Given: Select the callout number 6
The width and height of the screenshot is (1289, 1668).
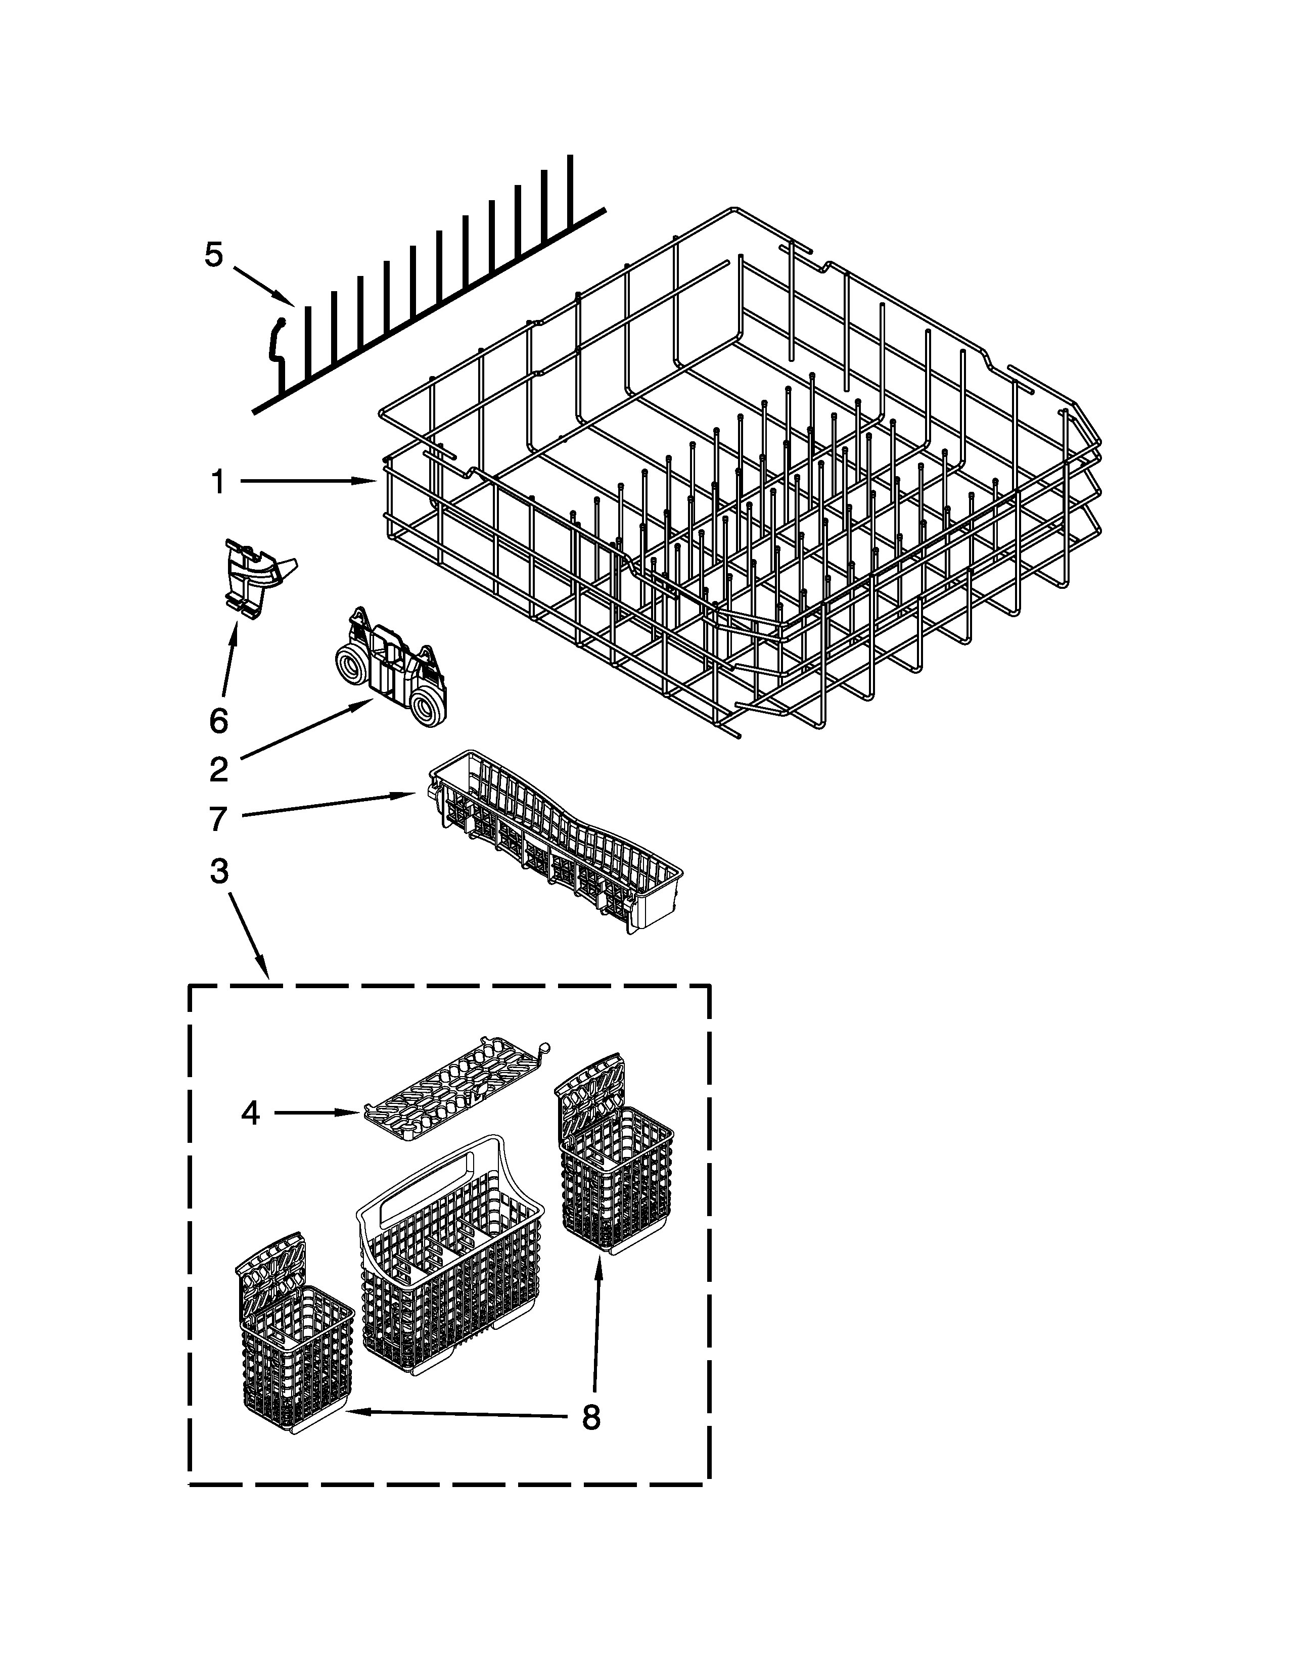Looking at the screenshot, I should [x=218, y=720].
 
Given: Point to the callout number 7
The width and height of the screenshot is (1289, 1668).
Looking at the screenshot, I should [x=218, y=819].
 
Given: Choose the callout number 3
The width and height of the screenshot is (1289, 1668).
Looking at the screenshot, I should [x=218, y=871].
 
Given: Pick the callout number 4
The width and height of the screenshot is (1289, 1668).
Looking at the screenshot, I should [x=250, y=1114].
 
